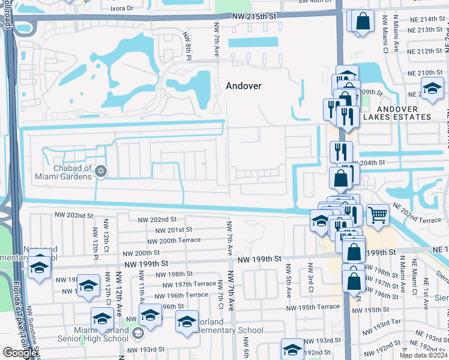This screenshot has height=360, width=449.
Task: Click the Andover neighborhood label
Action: click(244, 86)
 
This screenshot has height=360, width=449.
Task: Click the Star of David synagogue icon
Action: click(101, 172)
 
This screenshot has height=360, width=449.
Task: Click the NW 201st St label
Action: click(173, 230)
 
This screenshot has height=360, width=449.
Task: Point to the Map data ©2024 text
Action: click(423, 355)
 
